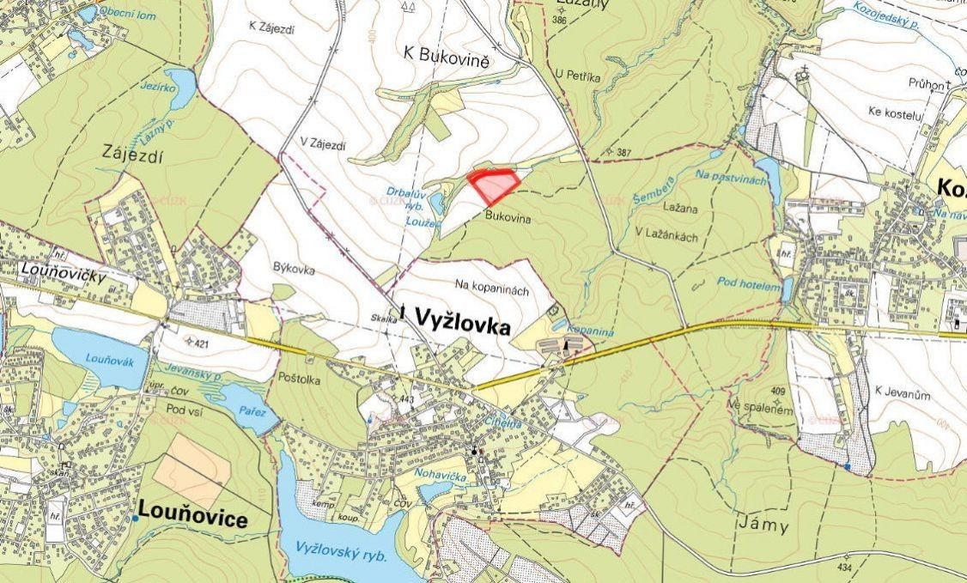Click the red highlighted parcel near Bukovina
pyautogui.click(x=493, y=185)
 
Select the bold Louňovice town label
pyautogui.click(x=192, y=519)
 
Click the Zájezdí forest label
pyautogui.click(x=134, y=158)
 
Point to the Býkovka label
pyautogui.click(x=293, y=270)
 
